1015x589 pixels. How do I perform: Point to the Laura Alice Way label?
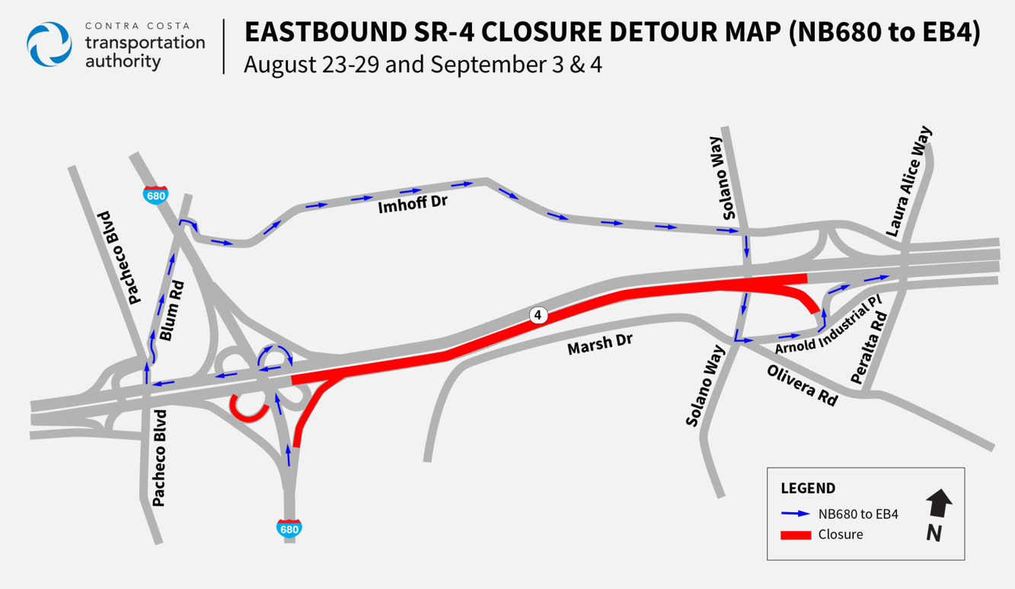[x=908, y=180]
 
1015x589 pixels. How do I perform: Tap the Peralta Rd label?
[x=870, y=349]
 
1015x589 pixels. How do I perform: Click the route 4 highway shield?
[x=538, y=315]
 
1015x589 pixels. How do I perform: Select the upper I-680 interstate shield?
[x=156, y=194]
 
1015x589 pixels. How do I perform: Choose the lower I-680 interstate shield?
[x=289, y=527]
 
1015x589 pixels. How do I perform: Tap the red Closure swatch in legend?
[x=796, y=535]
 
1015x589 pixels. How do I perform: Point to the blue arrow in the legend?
[x=796, y=514]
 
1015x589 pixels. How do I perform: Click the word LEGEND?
[x=808, y=489]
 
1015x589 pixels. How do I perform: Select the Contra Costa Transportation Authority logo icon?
[x=49, y=45]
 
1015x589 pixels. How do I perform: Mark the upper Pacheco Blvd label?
[x=120, y=258]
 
